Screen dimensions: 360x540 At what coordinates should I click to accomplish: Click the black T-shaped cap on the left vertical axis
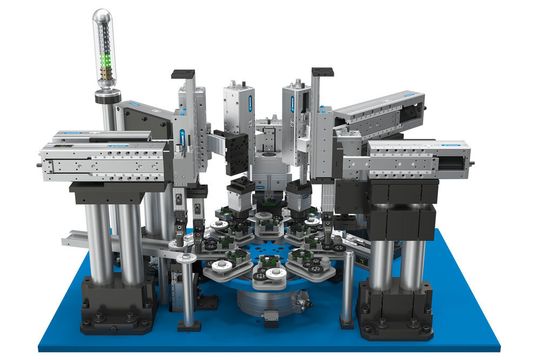[184, 73]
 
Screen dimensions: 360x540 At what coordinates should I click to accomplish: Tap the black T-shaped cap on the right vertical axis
[322, 72]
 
